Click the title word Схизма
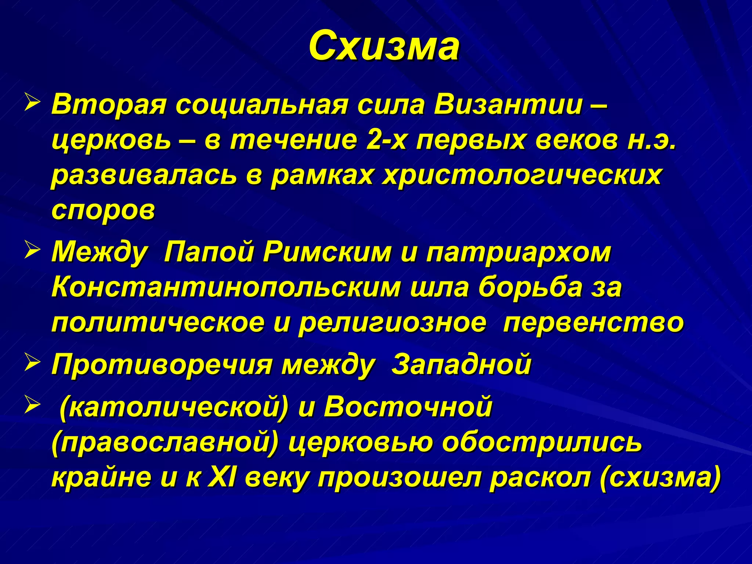point(384,47)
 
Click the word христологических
point(522,176)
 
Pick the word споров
point(103,210)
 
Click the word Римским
point(327,253)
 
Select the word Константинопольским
point(226,288)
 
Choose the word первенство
point(593,323)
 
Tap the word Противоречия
point(161,365)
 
